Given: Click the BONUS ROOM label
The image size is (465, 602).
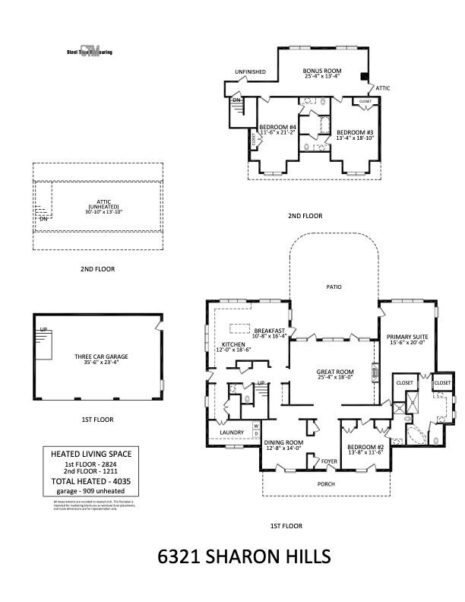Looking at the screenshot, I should pyautogui.click(x=321, y=70).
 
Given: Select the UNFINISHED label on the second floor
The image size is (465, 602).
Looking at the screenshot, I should pyautogui.click(x=250, y=71).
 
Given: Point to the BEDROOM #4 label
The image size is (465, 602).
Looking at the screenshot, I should pyautogui.click(x=277, y=126).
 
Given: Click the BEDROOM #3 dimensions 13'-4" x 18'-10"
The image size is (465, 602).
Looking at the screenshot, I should pyautogui.click(x=355, y=138).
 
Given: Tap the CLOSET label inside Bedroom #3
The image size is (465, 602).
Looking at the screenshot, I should pyautogui.click(x=365, y=101).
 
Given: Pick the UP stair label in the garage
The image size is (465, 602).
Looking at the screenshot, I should pyautogui.click(x=43, y=329).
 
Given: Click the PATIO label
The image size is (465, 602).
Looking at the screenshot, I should pyautogui.click(x=334, y=287).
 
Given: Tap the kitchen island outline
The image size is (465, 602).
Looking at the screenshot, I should pyautogui.click(x=240, y=329).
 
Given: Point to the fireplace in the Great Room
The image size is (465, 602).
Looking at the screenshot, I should pyautogui.click(x=374, y=372).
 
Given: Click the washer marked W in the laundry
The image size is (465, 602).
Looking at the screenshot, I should pyautogui.click(x=256, y=425).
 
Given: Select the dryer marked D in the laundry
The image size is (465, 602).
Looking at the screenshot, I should pyautogui.click(x=256, y=433).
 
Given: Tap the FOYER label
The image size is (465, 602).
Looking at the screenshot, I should pyautogui.click(x=328, y=461).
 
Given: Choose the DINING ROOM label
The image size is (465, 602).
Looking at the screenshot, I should pyautogui.click(x=283, y=442).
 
